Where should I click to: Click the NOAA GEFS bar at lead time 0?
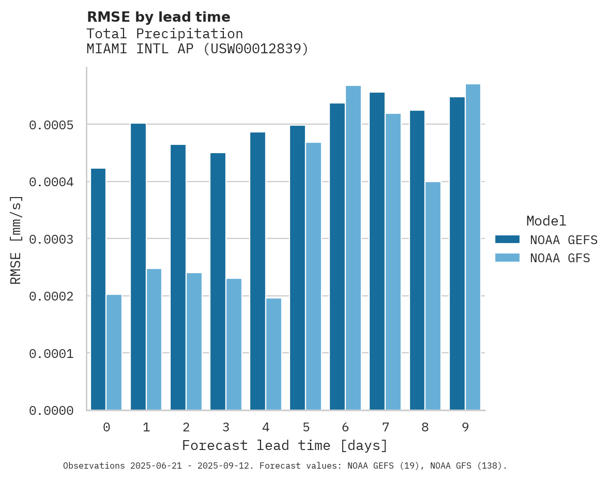(98, 290)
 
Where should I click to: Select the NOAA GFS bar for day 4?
(273, 354)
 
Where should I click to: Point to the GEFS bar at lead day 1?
(138, 267)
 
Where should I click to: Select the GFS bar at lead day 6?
(353, 248)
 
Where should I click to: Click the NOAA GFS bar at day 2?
(194, 341)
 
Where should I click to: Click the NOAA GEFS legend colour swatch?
(507, 239)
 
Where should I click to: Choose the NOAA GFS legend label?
(560, 258)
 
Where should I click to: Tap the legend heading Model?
(546, 221)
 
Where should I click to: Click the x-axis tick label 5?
(306, 427)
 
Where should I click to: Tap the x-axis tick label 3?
(226, 427)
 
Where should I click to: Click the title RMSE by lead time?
(158, 17)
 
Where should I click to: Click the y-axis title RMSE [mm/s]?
(16, 240)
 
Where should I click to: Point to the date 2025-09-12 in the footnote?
(228, 466)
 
